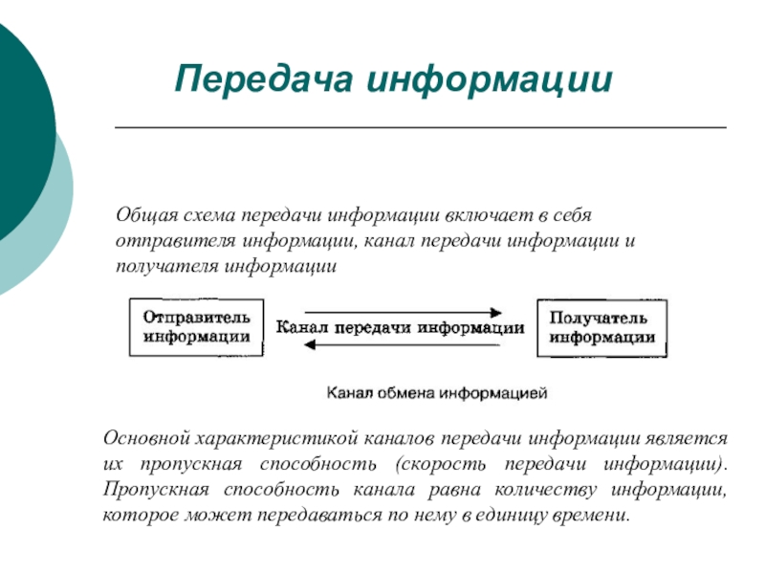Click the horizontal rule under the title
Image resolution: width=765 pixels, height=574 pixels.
[421, 127]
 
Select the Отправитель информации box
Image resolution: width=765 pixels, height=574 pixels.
[197, 327]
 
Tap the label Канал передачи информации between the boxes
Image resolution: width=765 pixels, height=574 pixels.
[400, 327]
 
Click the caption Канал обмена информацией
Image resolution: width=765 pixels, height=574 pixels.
[437, 392]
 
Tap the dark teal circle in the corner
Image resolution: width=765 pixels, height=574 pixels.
[19, 124]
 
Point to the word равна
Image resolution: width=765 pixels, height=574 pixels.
[440, 491]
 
